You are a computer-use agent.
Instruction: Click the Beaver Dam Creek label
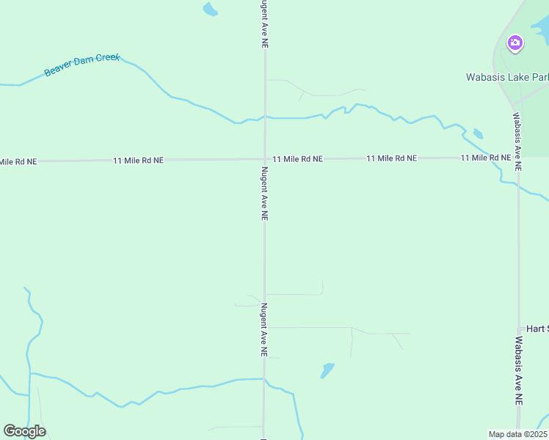pyautogui.click(x=81, y=65)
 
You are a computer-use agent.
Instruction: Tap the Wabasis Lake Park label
pyautogui.click(x=507, y=77)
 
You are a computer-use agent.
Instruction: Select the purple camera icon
pyautogui.click(x=515, y=43)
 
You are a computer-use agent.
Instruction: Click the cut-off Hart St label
pyautogui.click(x=534, y=329)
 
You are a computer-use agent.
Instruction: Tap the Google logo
pyautogui.click(x=24, y=431)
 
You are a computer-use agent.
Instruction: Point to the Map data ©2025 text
pyautogui.click(x=518, y=434)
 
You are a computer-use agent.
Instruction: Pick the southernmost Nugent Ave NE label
pyautogui.click(x=263, y=330)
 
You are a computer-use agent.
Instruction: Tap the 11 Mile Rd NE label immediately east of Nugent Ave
pyautogui.click(x=297, y=158)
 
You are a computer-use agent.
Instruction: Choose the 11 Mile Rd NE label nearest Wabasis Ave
pyautogui.click(x=486, y=158)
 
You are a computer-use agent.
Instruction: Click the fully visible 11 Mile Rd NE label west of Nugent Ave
pyautogui.click(x=138, y=160)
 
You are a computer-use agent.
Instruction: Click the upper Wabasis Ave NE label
pyautogui.click(x=517, y=142)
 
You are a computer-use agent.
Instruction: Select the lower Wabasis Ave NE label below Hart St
pyautogui.click(x=518, y=371)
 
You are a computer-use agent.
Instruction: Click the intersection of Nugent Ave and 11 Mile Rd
pyautogui.click(x=265, y=159)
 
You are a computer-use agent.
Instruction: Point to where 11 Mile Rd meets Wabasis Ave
pyautogui.click(x=517, y=157)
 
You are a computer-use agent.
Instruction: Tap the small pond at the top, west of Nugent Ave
pyautogui.click(x=210, y=10)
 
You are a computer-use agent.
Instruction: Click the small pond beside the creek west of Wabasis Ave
pyautogui.click(x=478, y=133)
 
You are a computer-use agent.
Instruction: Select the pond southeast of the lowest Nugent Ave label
pyautogui.click(x=327, y=370)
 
